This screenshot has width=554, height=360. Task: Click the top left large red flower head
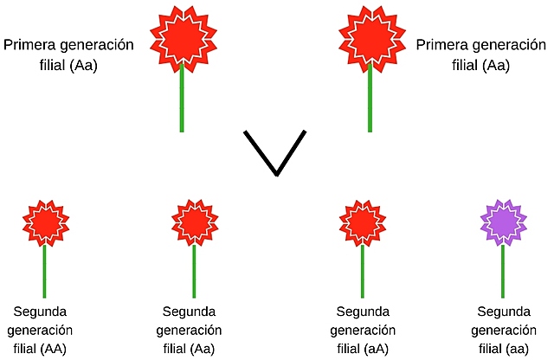pyautogui.click(x=183, y=36)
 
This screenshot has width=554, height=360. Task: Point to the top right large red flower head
pyautogui.click(x=370, y=36)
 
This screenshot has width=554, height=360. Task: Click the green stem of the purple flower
pyautogui.click(x=503, y=273)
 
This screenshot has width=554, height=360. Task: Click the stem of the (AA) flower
pyautogui.click(x=44, y=273)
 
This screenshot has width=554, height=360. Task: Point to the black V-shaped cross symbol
pyautogui.click(x=275, y=152)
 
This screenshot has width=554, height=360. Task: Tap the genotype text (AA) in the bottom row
pyautogui.click(x=59, y=348)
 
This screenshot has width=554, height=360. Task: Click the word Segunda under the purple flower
pyautogui.click(x=504, y=312)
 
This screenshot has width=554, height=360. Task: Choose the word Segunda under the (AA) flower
pyautogui.click(x=40, y=312)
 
